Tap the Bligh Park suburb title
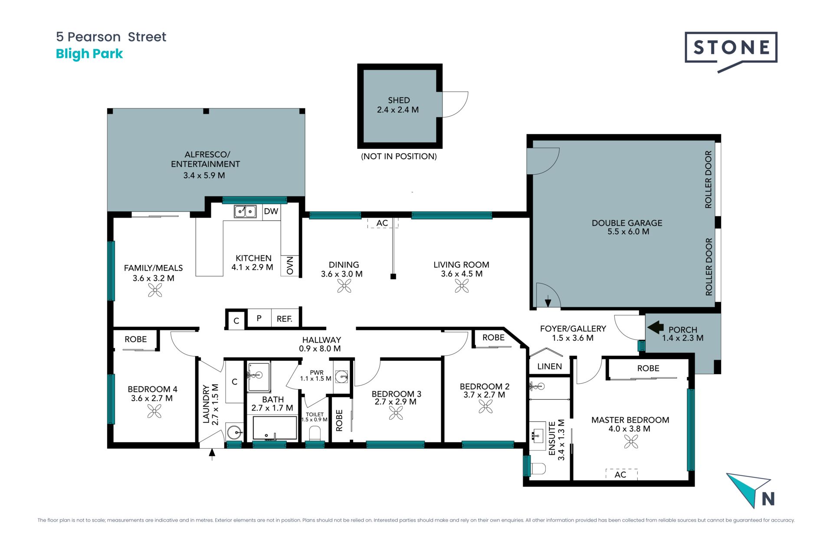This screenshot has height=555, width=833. click(89, 54)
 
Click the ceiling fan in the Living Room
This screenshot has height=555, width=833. click(462, 286)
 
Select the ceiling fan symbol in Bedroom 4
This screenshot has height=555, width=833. click(154, 411)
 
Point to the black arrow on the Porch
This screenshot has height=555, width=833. click(656, 327)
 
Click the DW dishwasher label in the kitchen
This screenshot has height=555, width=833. click(271, 211)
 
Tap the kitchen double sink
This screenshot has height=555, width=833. click(245, 211)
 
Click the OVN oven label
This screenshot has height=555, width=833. click(290, 265)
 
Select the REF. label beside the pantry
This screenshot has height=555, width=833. click(285, 319)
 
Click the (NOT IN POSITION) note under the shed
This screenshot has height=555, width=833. click(399, 157)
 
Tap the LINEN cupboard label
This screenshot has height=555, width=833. click(550, 366)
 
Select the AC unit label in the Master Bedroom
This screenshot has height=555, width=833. click(620, 475)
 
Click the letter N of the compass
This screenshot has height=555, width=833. click(768, 499)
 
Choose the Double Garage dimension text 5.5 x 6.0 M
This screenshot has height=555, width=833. click(628, 232)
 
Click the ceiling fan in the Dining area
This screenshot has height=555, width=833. click(344, 286)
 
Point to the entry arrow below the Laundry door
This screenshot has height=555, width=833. click(212, 454)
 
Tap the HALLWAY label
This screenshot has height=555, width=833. click(321, 340)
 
